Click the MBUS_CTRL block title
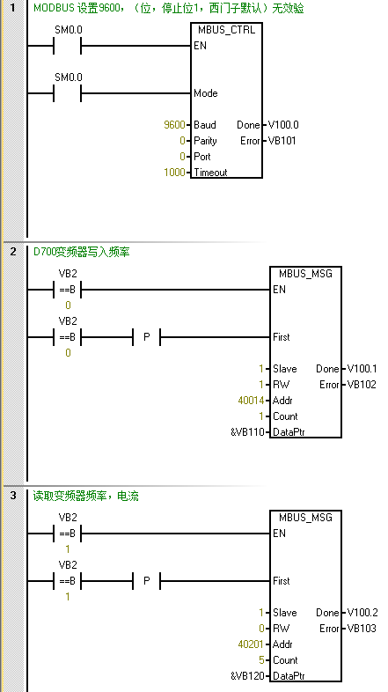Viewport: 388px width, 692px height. tap(227, 30)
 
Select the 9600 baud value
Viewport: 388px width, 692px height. tap(174, 125)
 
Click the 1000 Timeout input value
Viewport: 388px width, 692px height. tap(174, 173)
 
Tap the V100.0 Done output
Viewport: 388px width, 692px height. tap(283, 125)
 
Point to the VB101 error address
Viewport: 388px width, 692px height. tap(282, 141)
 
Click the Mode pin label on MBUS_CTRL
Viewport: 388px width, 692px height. tap(206, 93)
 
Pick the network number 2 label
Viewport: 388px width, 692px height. tap(13, 252)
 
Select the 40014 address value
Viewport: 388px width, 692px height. tap(251, 401)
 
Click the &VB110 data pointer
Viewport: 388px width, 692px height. tap(247, 432)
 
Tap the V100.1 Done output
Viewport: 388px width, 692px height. tap(362, 369)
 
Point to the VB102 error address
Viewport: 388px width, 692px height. tap(362, 385)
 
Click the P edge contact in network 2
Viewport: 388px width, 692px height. tap(147, 337)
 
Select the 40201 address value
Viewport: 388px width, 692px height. tap(251, 644)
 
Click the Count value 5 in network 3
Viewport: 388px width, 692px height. tap(262, 660)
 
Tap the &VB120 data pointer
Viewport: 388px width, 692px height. tap(247, 676)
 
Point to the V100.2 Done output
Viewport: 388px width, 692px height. tap(362, 613)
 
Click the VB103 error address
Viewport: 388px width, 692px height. tap(362, 629)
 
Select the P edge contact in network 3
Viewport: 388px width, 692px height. tap(147, 581)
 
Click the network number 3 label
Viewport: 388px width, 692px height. tap(13, 496)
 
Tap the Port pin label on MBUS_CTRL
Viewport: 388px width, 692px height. tap(202, 157)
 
